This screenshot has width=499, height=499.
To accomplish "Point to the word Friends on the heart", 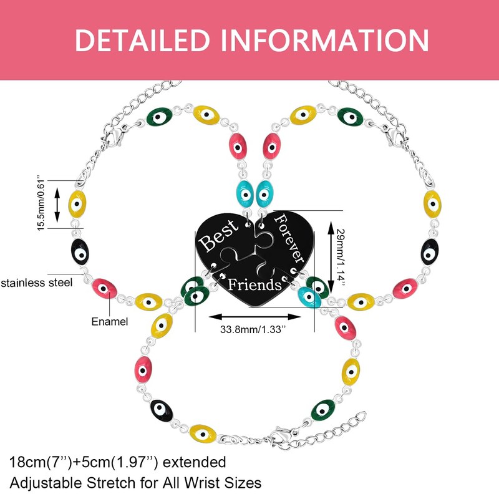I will click(254, 285).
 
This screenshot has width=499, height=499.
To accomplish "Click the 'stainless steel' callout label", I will click(37, 283).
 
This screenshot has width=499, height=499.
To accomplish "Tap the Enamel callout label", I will click(110, 322).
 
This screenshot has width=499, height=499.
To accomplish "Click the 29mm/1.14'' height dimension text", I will click(340, 256).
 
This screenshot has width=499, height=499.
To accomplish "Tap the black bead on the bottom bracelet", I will click(162, 409).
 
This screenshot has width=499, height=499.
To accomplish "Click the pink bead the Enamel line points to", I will click(105, 288).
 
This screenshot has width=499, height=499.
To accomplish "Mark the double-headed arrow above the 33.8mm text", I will click(254, 314).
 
